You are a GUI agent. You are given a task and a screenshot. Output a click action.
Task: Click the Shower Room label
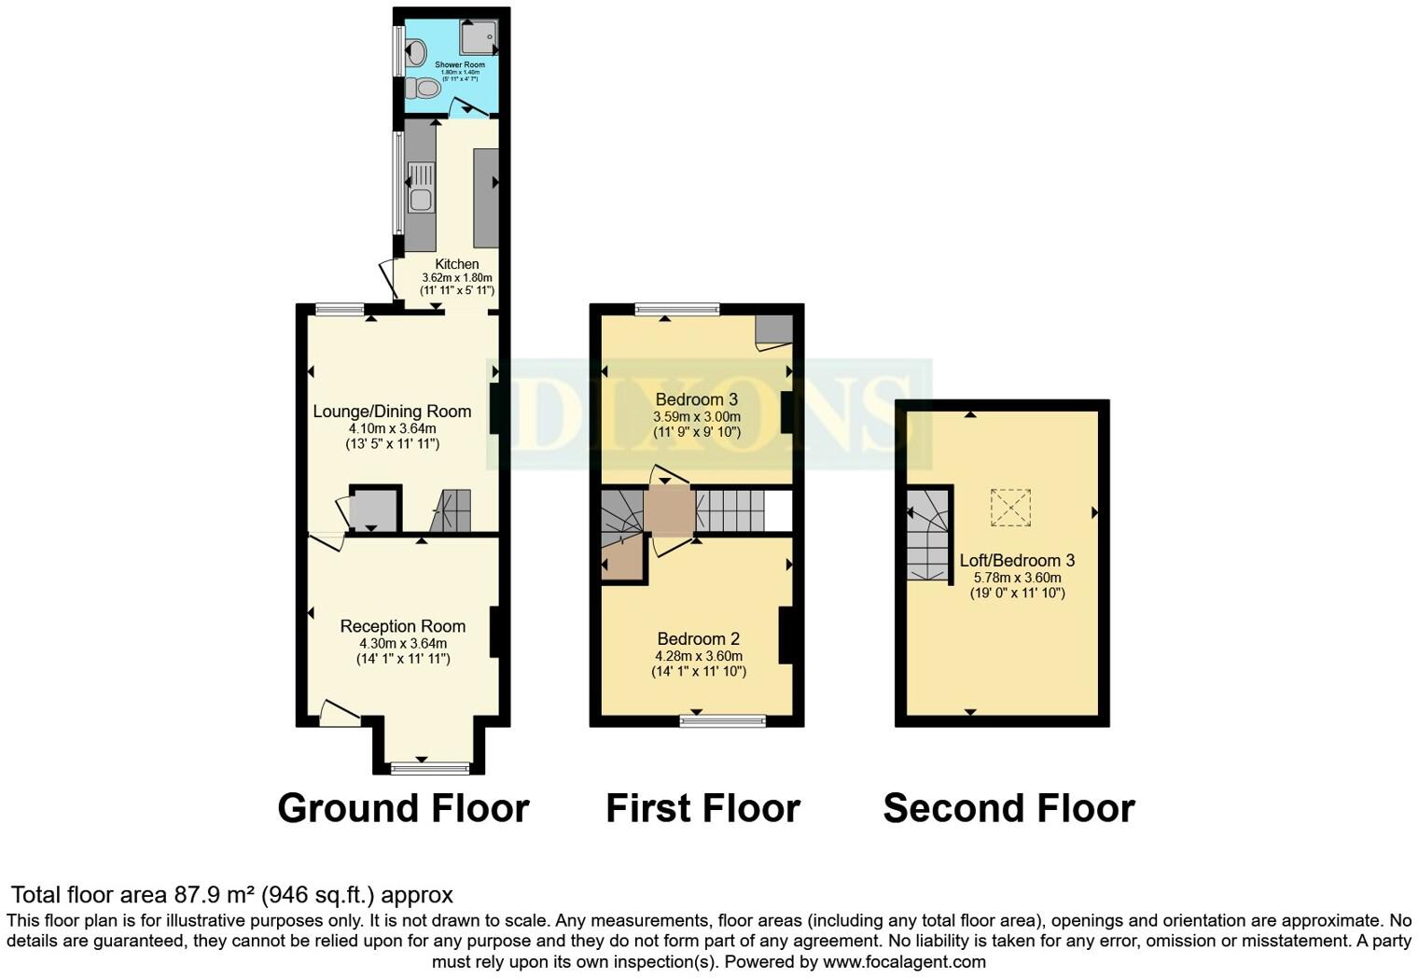(x=459, y=64)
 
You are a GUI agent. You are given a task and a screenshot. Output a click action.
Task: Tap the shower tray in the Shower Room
(x=479, y=37)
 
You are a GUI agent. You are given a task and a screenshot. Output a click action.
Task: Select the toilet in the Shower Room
(x=424, y=89)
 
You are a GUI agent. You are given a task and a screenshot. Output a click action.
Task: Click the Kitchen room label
(x=456, y=264)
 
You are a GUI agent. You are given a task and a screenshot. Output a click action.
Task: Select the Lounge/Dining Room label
(x=392, y=412)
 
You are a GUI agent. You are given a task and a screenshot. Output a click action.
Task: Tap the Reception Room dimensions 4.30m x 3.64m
(x=403, y=643)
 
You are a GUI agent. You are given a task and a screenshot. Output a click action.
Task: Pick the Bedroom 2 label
(x=698, y=638)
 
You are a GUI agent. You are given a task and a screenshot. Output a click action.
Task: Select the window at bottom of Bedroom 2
(x=723, y=720)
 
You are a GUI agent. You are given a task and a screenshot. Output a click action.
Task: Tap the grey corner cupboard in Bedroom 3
(x=773, y=329)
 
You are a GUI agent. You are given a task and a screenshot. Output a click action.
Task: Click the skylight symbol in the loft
(x=1009, y=508)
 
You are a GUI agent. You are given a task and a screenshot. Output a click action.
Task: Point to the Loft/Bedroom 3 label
(x=1017, y=560)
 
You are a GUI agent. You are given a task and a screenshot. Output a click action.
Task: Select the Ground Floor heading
(x=403, y=808)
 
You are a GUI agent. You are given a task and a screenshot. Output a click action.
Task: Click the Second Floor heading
(x=1008, y=808)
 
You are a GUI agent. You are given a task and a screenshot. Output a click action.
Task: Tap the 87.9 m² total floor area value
(x=215, y=895)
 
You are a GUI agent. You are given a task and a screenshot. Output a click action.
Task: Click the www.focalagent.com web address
(x=903, y=961)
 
